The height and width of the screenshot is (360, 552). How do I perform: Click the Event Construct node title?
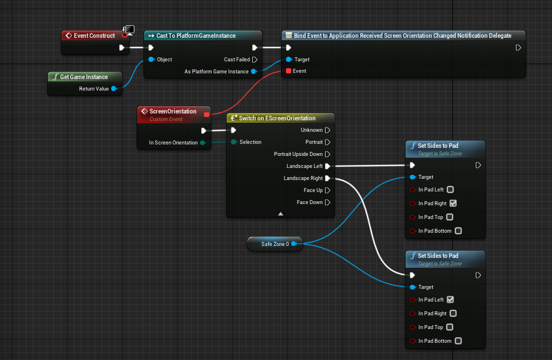coord(94,36)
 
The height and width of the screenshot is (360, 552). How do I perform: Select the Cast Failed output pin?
coord(255,59)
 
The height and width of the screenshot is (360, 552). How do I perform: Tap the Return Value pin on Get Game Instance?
coord(113,89)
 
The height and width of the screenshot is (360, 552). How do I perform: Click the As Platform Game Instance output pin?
coord(253,72)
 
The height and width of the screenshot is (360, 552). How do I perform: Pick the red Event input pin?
coord(288,71)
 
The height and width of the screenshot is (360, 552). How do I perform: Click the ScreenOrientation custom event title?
coord(173,111)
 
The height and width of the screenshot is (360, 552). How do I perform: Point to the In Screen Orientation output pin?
coord(203,143)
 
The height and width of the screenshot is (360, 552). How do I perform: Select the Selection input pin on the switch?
coord(234,142)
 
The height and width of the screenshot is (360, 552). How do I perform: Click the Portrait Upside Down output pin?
coord(327,154)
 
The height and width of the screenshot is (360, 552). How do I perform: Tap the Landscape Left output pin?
coord(327,166)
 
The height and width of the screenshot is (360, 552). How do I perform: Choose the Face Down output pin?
coord(327,202)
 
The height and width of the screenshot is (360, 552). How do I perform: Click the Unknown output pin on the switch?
coord(327,130)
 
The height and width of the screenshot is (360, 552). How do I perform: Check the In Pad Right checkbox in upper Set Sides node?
coord(453,204)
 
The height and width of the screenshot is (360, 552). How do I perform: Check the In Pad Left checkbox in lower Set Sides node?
coord(450,300)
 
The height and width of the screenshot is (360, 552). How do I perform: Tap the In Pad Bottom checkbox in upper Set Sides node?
coord(457,231)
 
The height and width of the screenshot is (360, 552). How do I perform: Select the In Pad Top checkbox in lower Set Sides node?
coord(449,327)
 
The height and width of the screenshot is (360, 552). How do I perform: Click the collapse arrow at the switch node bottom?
coord(280,213)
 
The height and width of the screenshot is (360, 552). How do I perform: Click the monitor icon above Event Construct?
coord(130,29)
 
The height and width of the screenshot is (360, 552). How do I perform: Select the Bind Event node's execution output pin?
coord(518,48)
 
